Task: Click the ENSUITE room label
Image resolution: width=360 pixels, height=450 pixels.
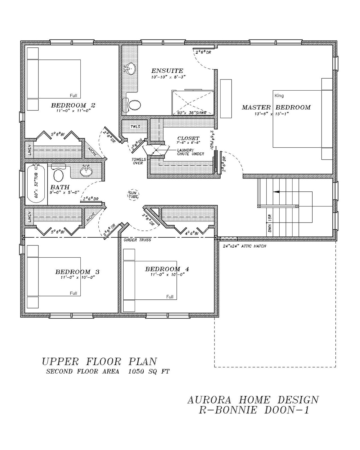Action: [x=167, y=71]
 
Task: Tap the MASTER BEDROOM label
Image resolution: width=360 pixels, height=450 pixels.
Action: [x=276, y=107]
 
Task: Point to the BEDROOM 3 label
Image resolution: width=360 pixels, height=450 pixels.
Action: [x=77, y=272]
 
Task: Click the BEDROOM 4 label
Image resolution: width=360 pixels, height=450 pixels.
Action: [x=167, y=269]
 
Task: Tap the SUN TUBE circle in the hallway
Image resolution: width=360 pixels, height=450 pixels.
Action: [x=132, y=194]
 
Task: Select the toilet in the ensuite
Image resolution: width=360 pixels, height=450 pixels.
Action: [x=134, y=105]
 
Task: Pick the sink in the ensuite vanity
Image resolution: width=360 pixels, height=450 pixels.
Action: [x=130, y=69]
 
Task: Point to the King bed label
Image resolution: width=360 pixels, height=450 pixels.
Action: [x=279, y=96]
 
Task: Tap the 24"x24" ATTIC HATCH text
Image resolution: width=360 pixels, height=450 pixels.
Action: [x=244, y=246]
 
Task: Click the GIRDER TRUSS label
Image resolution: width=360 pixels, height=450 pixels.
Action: [x=137, y=240]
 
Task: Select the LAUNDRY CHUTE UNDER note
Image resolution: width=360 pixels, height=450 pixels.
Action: [x=190, y=152]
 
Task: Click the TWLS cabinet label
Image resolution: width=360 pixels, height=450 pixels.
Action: [x=135, y=127]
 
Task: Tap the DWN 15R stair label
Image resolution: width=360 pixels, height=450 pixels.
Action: [x=270, y=223]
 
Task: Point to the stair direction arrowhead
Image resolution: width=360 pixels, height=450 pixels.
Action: [x=277, y=191]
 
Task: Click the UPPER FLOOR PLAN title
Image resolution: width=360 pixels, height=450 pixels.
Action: [x=99, y=361]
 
